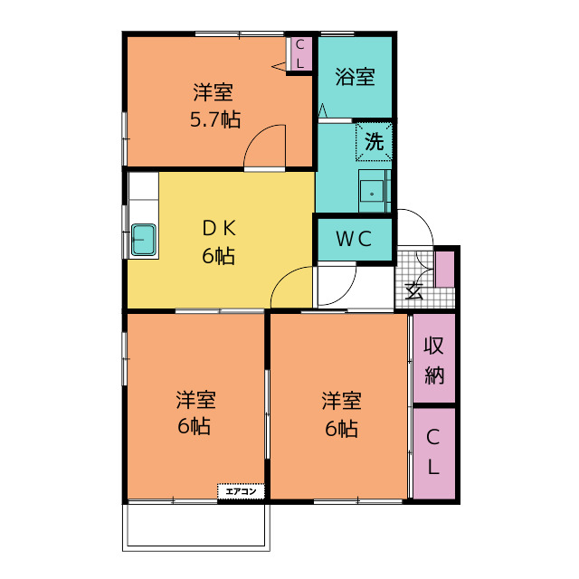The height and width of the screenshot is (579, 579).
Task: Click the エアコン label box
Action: [x=242, y=491]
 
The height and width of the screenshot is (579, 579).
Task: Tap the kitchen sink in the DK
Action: [x=144, y=240]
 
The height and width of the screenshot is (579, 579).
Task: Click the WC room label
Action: [x=354, y=239]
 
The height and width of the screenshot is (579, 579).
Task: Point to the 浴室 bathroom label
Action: [x=356, y=77]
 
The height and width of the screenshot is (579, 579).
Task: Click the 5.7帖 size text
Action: [x=215, y=119]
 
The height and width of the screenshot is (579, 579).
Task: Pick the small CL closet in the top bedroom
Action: [x=299, y=54]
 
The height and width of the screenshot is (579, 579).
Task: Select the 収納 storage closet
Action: [x=434, y=358]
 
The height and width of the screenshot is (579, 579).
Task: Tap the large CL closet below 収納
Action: [x=434, y=453]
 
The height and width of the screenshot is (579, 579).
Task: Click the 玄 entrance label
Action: [x=413, y=291]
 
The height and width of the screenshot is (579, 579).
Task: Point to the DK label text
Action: [x=219, y=229]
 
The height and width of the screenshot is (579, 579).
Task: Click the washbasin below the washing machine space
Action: [x=372, y=191]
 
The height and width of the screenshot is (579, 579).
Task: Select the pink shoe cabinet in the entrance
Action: [x=444, y=270]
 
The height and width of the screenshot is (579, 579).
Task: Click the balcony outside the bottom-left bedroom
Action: [x=196, y=527]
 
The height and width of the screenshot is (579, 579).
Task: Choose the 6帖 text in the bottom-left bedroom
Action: [x=195, y=426]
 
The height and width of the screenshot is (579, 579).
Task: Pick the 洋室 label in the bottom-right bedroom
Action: [x=342, y=401]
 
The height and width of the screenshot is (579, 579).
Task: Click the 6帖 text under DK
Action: [x=219, y=255]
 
